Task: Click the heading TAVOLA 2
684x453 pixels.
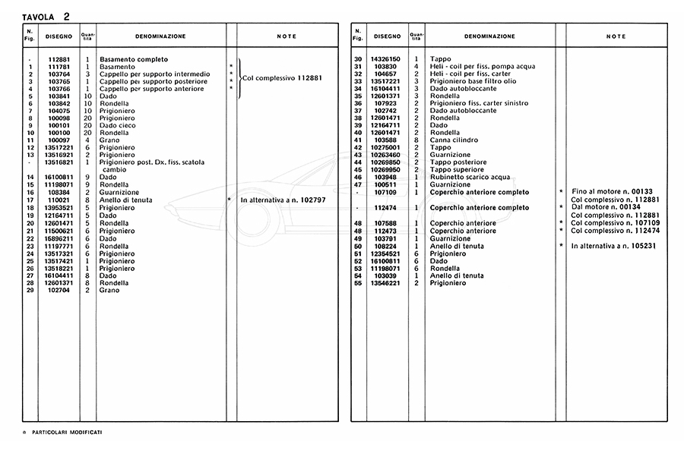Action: [x=46, y=16]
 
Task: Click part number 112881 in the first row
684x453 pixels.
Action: [x=59, y=59]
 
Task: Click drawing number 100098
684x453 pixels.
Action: [x=59, y=118]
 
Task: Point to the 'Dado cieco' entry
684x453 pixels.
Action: [x=119, y=126]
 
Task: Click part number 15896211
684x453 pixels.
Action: [x=59, y=239]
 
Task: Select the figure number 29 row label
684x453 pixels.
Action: [x=30, y=291]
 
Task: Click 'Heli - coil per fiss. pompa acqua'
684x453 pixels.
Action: [x=482, y=67]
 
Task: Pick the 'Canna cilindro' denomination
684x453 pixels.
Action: [x=454, y=140]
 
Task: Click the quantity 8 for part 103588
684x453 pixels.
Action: [x=416, y=140]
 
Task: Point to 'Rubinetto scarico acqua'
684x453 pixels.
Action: [x=470, y=177]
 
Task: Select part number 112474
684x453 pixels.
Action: [x=386, y=207]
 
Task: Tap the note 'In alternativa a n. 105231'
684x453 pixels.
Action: [x=613, y=246]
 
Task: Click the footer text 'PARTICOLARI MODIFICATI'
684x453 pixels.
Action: [x=68, y=432]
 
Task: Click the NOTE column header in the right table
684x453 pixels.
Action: [x=616, y=36]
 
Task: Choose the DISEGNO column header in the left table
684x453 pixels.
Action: [x=59, y=36]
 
